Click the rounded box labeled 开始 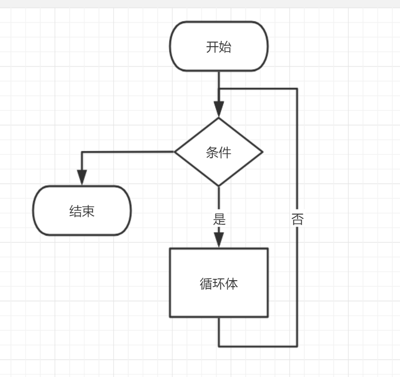(219, 47)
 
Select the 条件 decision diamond (219, 152)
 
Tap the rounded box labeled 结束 (82, 211)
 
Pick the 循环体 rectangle (219, 283)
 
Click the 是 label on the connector (219, 219)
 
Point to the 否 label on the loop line (297, 219)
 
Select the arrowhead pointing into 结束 (82, 177)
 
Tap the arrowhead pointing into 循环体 (219, 239)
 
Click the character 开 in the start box (212, 47)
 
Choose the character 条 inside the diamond (212, 152)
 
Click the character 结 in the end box (75, 211)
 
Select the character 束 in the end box (88, 211)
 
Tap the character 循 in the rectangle (206, 283)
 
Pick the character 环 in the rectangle (219, 283)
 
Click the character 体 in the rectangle (232, 283)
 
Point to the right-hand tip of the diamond (262, 152)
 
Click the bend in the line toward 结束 (82, 152)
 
